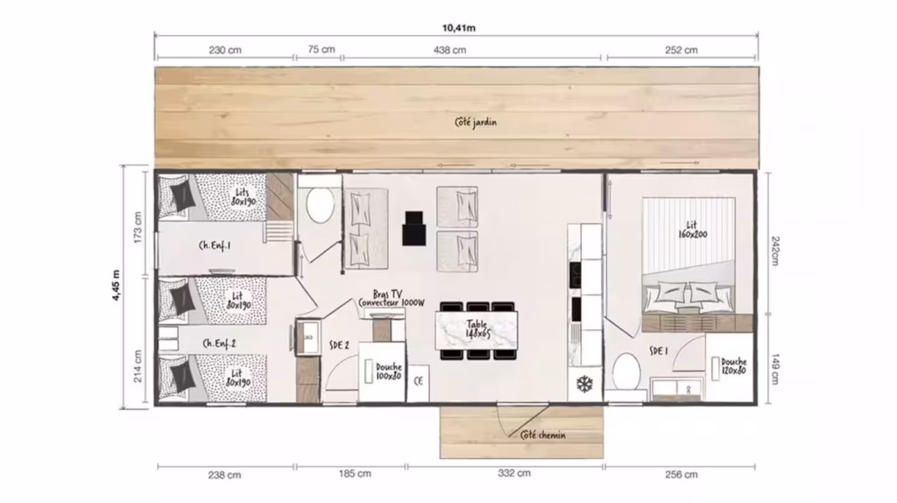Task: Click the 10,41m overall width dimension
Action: pos(459,27)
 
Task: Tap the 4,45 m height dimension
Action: pos(117,285)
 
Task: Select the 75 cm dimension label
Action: pos(321,49)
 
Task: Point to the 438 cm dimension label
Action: pos(449,50)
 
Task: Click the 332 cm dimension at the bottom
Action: pos(514,473)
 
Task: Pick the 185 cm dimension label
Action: pos(355,474)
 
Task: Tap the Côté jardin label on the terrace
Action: pos(476,122)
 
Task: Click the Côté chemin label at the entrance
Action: pos(543,435)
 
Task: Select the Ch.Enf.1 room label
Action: pos(215,245)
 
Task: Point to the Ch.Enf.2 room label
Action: pos(219,344)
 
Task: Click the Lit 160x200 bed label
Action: pos(692,230)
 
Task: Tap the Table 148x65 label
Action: pos(477,329)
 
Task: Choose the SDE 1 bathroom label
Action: pos(659,351)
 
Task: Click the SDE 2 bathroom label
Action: pos(339,345)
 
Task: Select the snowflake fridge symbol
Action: pos(584,384)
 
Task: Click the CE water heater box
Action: pos(418,382)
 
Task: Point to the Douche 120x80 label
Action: pos(733,365)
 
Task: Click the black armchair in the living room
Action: pos(413,229)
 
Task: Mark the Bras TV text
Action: pos(387,294)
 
